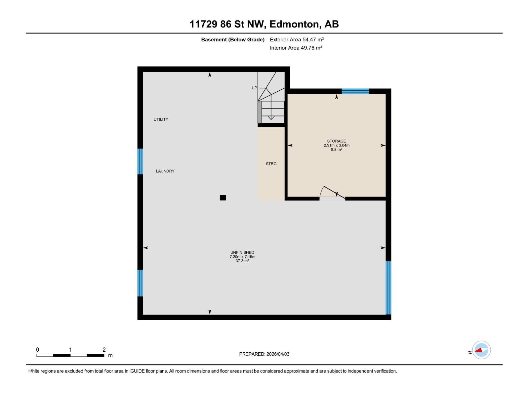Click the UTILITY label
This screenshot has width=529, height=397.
pos(161,119)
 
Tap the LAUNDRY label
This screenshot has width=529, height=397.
pos(165,171)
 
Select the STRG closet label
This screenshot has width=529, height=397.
pos(271,164)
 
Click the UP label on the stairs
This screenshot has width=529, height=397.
pos(254,88)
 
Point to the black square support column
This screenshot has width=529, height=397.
pos(223,198)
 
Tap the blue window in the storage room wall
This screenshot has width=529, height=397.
pos(355,91)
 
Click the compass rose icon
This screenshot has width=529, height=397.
pos(481,350)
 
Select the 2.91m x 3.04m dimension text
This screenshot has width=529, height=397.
pos(336,145)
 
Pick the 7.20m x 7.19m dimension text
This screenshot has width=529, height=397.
pos(242,257)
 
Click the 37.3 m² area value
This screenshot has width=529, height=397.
pos(242,261)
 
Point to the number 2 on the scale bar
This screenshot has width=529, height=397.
pos(104,350)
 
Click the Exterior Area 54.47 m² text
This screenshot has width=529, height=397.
pos(297,39)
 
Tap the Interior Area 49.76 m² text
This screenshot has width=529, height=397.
pos(296,48)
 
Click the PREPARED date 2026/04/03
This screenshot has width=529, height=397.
pos(278,354)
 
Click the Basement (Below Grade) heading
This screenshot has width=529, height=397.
pos(233,40)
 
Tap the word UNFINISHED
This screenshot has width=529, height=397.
pos(242,252)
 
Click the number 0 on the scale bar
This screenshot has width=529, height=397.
pos(38,350)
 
